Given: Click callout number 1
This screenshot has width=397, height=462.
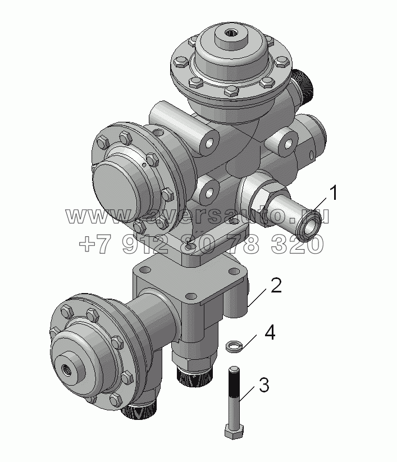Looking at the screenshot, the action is (333, 193).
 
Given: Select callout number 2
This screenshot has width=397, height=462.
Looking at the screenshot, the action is (276, 285).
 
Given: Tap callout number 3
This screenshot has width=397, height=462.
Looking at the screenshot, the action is (264, 385).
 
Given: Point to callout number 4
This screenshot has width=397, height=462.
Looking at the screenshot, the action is (270, 332).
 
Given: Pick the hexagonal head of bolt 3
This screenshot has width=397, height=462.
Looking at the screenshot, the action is (234, 431).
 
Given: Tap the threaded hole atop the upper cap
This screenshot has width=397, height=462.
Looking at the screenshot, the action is (229, 32).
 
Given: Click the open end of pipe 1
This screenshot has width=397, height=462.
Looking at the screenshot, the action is (309, 226).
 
